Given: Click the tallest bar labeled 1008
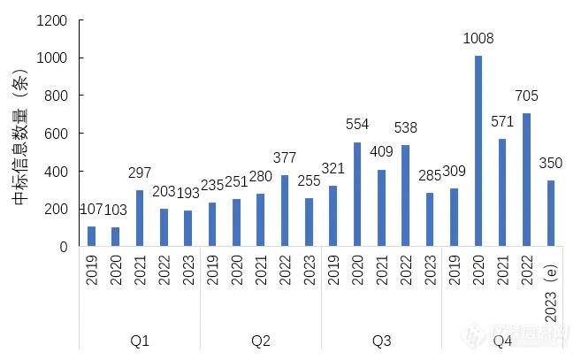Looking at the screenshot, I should (478, 151).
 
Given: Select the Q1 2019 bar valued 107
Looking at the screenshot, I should (92, 236).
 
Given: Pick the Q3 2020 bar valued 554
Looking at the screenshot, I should (358, 195).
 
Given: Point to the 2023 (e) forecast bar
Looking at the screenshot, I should (551, 213).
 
